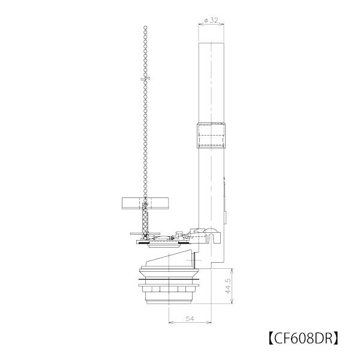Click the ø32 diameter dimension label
[211, 19]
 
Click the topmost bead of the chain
[145, 28]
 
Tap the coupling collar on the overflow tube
[212, 137]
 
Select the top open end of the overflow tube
[212, 43]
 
